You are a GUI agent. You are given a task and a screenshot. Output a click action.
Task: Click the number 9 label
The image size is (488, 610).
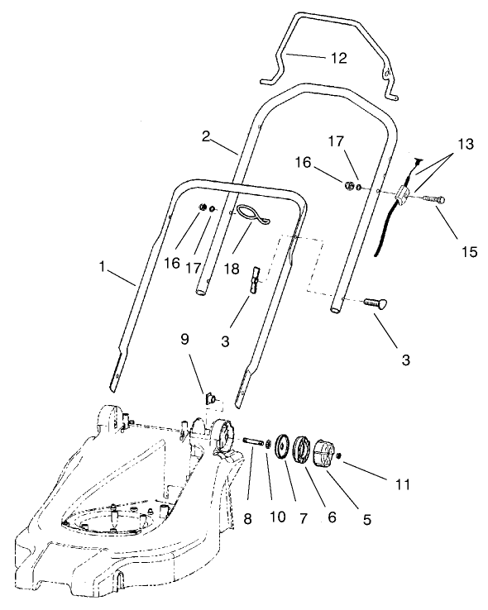pos(184,339)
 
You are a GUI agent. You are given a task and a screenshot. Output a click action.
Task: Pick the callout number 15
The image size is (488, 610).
pos(469,251)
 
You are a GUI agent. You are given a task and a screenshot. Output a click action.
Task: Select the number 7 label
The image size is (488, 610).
pos(303,518)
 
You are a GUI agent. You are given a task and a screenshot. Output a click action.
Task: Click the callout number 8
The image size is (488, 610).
pos(247,518)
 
